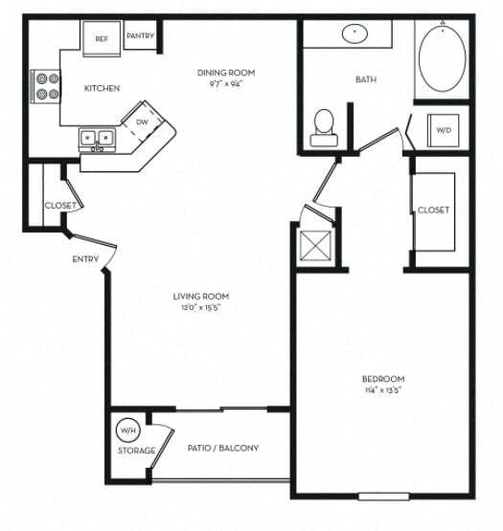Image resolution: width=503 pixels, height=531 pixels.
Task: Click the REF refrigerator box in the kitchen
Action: tap(101, 39)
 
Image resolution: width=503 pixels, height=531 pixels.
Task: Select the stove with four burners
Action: tap(45, 87)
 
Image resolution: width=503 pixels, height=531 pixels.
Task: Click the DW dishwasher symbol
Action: tap(142, 122)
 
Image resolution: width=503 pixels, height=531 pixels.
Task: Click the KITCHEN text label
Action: tap(102, 88)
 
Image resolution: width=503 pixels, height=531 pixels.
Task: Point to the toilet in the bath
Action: tap(324, 125)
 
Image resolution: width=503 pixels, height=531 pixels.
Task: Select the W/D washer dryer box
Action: tap(443, 129)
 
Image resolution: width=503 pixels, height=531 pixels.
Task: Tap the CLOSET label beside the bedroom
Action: tap(433, 210)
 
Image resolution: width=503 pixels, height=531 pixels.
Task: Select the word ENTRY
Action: tap(85, 259)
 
